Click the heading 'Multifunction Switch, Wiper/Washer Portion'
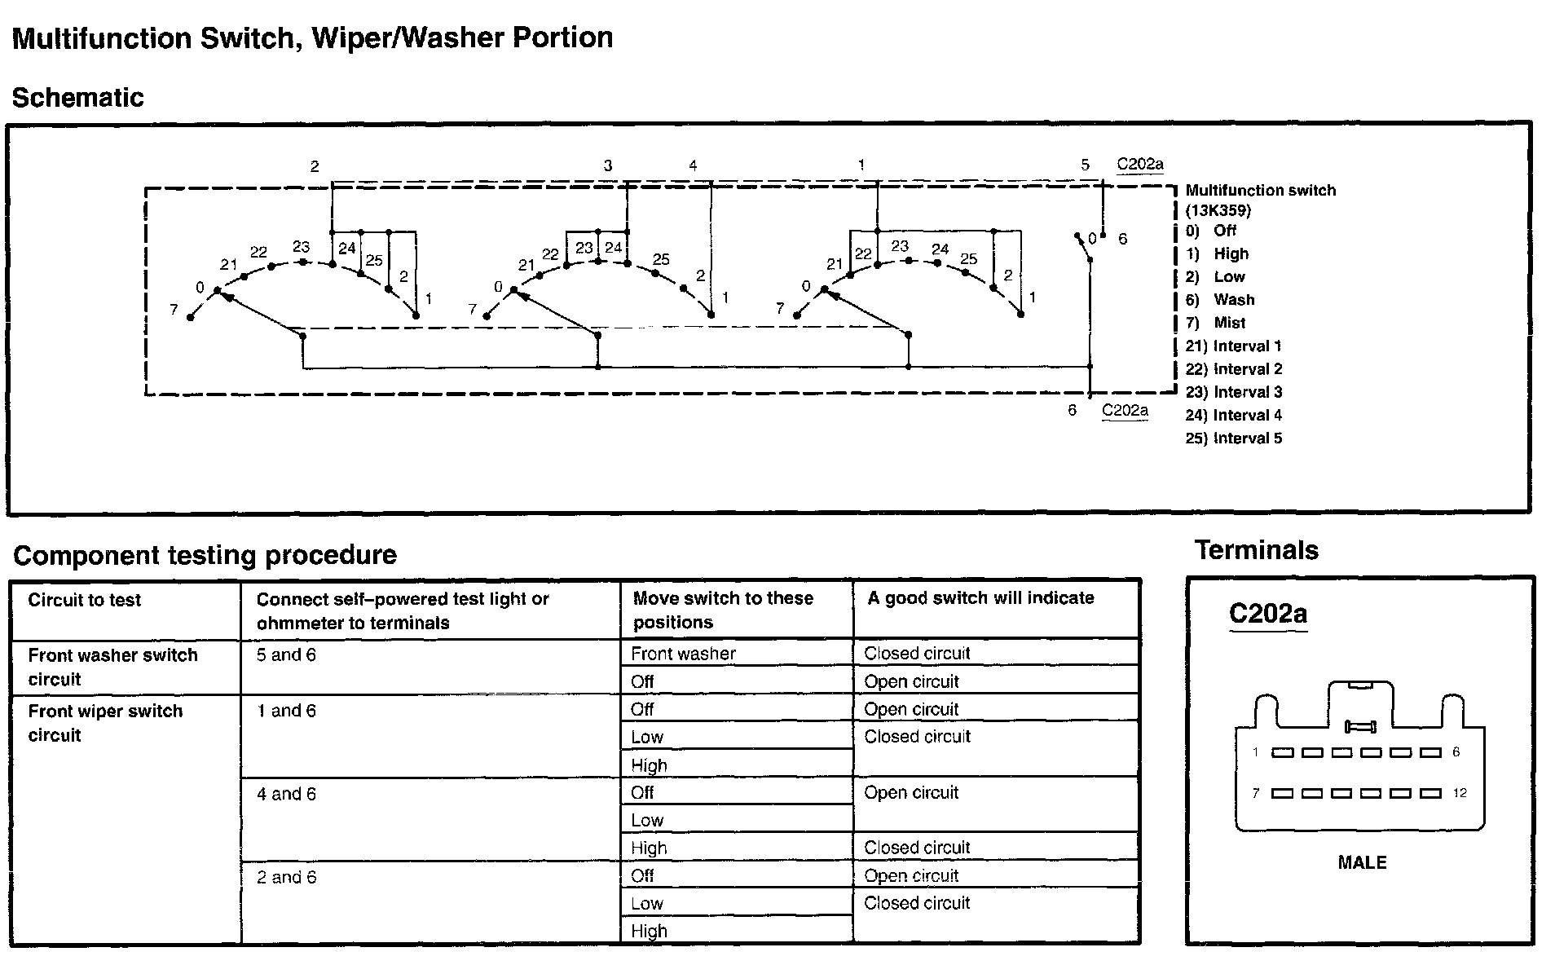point(312,38)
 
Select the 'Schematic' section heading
point(77,98)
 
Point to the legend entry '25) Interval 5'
point(1233,438)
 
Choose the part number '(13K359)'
point(1218,210)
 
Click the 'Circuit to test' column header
point(84,601)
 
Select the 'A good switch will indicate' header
point(980,598)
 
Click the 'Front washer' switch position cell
point(683,654)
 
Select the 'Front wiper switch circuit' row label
point(105,723)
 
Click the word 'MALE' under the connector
point(1362,862)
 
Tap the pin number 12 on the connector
point(1460,793)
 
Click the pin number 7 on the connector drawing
point(1256,793)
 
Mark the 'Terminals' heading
point(1256,550)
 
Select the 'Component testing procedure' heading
point(205,555)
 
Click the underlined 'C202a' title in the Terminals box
point(1267,614)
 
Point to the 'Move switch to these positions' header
point(723,610)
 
